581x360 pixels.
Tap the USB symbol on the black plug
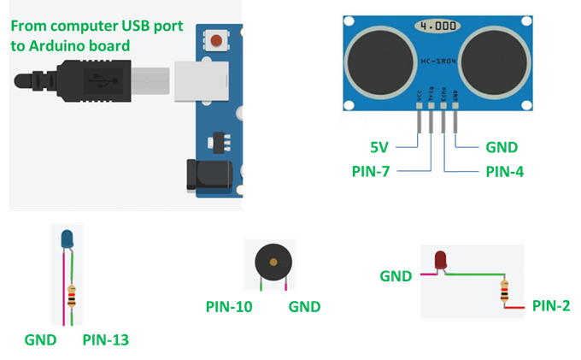pos(101,80)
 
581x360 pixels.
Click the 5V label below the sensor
pos(379,146)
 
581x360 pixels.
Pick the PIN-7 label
pos(372,171)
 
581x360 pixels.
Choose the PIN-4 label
pos(504,172)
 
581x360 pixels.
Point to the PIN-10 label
pos(231,305)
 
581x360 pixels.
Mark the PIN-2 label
pos(551,304)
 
